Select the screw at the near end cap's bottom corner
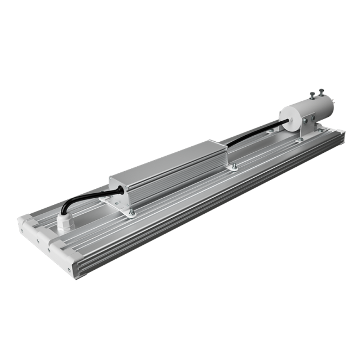[x=69, y=270]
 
